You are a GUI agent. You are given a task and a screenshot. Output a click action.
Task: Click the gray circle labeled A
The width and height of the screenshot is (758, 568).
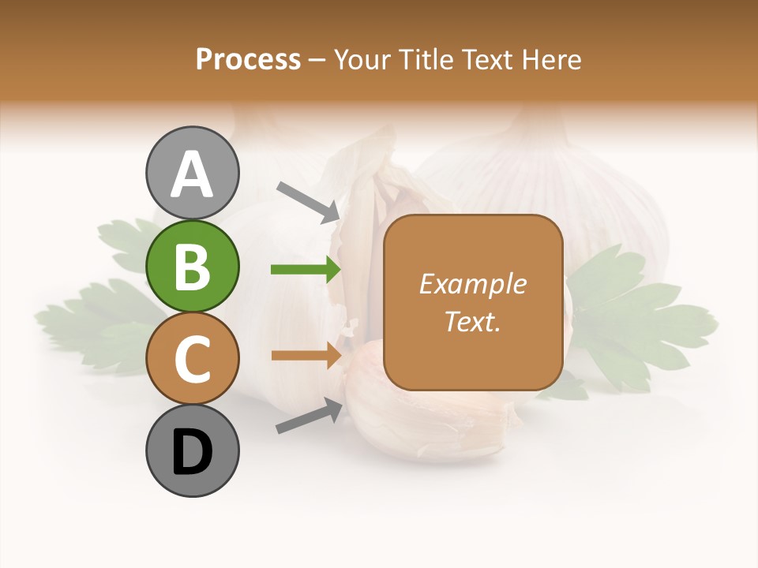[x=192, y=174]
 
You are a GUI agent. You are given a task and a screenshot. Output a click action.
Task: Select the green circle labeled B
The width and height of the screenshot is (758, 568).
[x=192, y=267]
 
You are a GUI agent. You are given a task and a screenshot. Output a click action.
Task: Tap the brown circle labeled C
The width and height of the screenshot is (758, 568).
[x=192, y=359]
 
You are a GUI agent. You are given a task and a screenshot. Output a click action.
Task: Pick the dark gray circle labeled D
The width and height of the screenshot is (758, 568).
[x=192, y=451]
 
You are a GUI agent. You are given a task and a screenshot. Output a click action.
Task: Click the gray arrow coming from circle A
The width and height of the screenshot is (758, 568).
[x=309, y=201]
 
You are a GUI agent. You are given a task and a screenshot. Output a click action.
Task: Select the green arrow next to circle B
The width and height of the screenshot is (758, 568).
[x=306, y=270]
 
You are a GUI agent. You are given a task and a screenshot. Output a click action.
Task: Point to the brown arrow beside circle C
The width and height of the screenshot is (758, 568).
[x=306, y=355]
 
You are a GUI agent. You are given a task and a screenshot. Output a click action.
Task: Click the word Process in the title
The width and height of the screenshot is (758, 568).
[x=248, y=59]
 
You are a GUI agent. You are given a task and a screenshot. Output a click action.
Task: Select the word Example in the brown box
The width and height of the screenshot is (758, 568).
[x=472, y=284]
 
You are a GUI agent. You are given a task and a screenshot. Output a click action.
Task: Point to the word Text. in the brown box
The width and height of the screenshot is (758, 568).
[x=472, y=321]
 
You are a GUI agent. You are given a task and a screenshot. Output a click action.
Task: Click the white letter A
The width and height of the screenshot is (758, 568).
[x=192, y=174]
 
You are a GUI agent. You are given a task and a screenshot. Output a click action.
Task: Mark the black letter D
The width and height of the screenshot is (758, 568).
[x=192, y=453]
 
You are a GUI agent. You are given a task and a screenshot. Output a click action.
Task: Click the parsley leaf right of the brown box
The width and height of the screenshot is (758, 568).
[x=640, y=316]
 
